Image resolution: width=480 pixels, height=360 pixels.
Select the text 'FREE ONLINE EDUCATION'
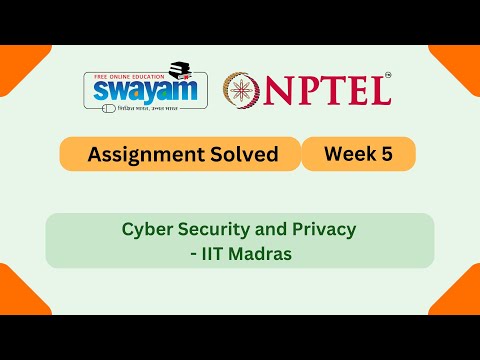123,74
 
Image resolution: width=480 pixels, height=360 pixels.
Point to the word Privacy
321,229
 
